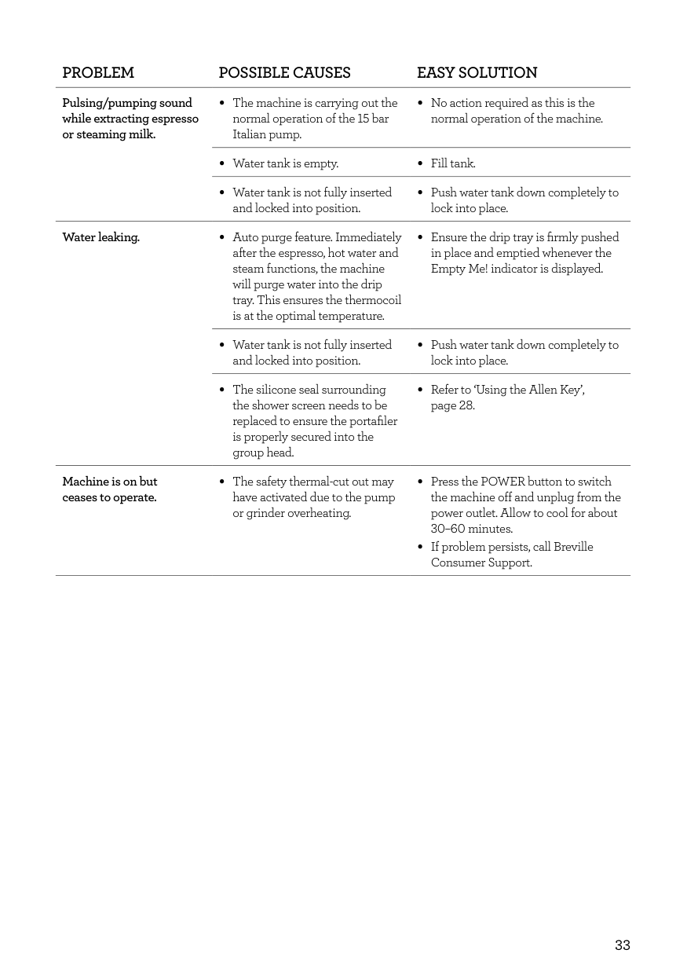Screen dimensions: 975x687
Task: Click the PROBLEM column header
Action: click(x=98, y=73)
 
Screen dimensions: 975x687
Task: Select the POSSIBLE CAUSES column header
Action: click(x=284, y=73)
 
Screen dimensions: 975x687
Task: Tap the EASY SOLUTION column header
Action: click(x=477, y=73)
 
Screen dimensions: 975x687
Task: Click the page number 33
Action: click(x=622, y=945)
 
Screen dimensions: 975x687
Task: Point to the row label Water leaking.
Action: click(x=100, y=237)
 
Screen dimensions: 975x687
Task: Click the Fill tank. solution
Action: click(x=453, y=163)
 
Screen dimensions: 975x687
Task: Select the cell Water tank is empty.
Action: click(x=286, y=163)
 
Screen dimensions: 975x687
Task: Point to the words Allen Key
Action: click(x=554, y=390)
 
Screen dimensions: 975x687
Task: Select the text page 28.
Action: click(x=452, y=405)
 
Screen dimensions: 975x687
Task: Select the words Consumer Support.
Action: click(x=481, y=563)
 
